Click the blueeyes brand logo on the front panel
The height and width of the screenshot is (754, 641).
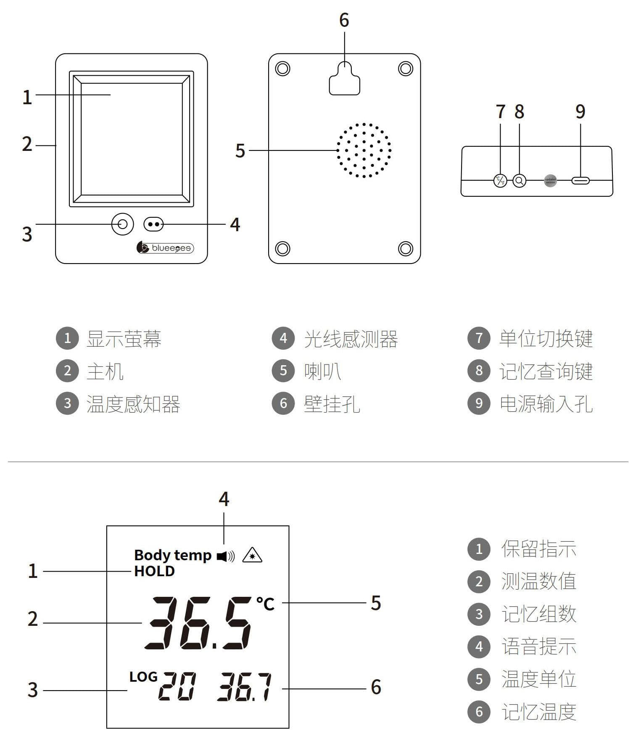coord(165,248)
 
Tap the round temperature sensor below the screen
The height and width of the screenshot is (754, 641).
coord(122,224)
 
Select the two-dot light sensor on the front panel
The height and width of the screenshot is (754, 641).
coord(153,224)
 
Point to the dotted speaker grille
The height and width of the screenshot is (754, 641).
coord(364,150)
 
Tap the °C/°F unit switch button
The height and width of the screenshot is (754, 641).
coord(500,181)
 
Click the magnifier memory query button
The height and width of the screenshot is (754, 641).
coord(520,181)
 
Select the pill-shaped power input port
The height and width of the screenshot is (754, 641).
coord(580,181)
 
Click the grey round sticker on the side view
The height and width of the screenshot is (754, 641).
coord(550,180)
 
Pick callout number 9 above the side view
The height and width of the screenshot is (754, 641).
coord(580,111)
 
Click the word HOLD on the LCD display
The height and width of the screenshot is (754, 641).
coord(154,571)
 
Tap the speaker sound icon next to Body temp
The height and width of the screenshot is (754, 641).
coord(226,556)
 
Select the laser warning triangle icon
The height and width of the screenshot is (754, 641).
coord(252,556)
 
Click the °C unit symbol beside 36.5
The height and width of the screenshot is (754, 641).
coord(265,604)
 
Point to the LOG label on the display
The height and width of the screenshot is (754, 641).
coord(143,677)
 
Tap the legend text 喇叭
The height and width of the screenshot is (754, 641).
coord(322,371)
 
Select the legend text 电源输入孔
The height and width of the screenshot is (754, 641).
coord(546,404)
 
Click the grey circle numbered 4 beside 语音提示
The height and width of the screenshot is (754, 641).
coord(479,646)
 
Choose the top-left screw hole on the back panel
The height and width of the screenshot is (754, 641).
coord(282,68)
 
